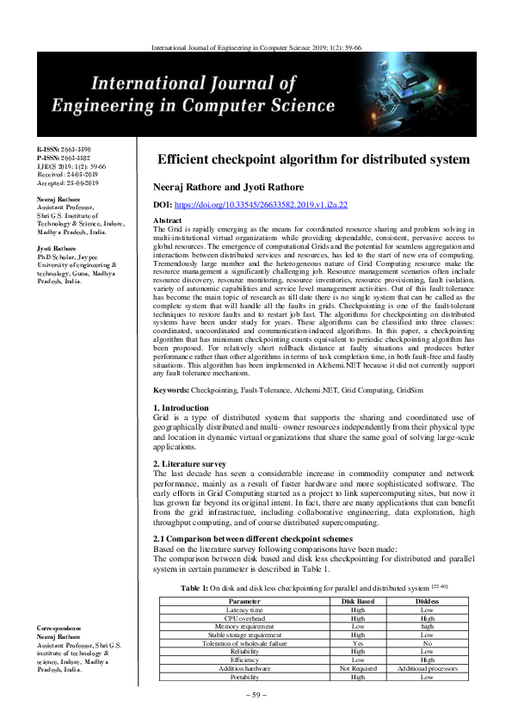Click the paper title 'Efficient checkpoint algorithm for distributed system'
[314, 159]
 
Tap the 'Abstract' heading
[166, 220]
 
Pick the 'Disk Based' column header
[358, 600]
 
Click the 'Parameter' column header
[245, 600]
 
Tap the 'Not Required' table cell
[358, 669]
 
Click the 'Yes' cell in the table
[358, 643]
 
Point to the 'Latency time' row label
[245, 609]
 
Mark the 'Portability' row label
[245, 678]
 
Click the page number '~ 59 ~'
[256, 694]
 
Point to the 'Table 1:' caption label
[195, 586]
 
